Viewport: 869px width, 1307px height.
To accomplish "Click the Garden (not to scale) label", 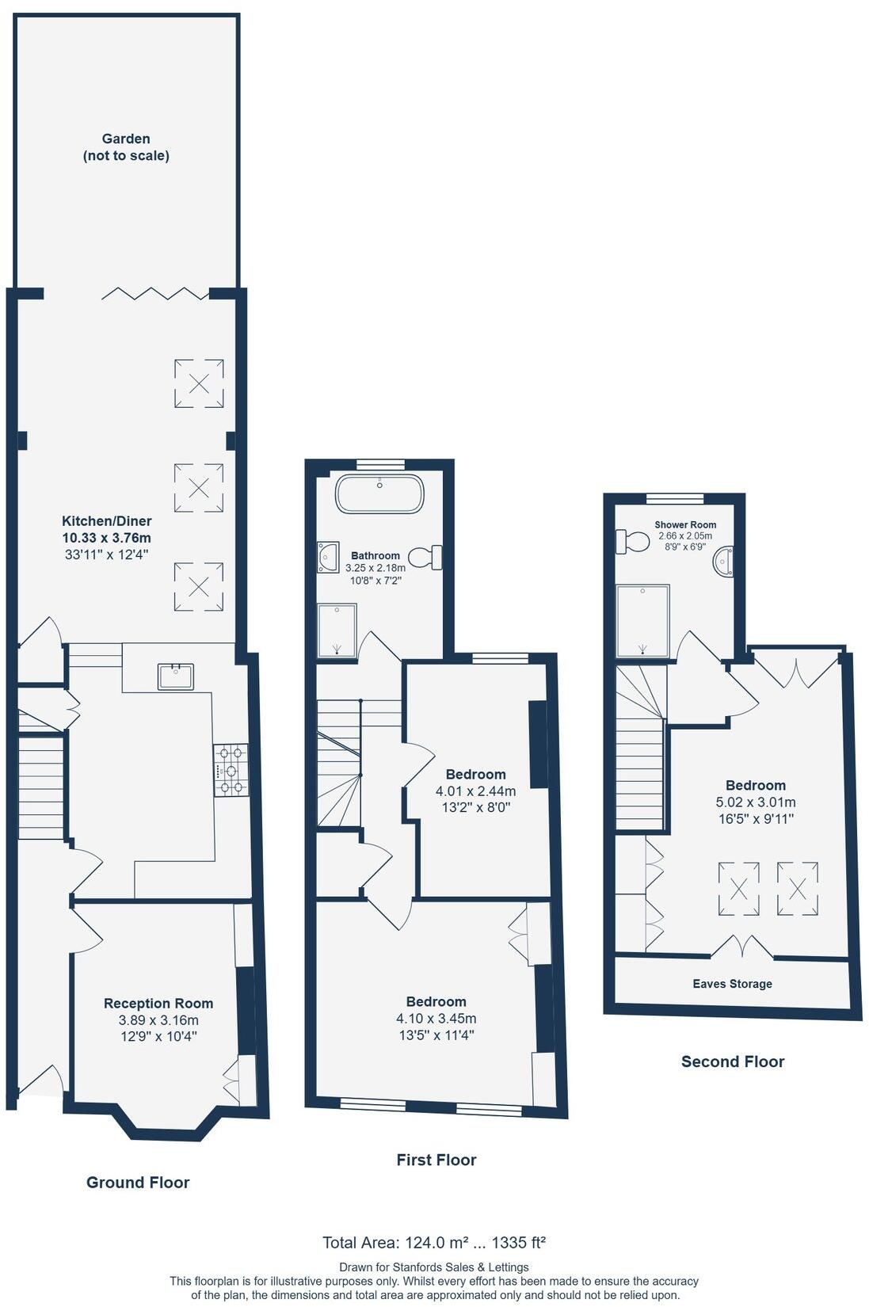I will (x=126, y=147).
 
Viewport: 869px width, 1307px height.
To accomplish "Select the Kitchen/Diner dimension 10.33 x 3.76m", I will (x=107, y=538).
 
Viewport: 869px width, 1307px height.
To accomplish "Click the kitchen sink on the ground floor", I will (x=176, y=676).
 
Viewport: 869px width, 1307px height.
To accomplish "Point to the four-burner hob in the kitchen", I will (x=231, y=769).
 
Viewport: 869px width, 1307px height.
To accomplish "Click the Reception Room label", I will (x=158, y=1003).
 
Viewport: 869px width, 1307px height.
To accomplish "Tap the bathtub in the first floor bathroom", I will (x=379, y=494).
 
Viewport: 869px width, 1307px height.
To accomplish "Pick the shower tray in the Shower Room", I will (x=643, y=621).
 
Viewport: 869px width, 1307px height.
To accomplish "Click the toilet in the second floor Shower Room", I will (x=632, y=542).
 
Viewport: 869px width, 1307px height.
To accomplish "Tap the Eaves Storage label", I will (x=732, y=984).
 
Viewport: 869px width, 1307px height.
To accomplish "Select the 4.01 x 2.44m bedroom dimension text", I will (x=475, y=791).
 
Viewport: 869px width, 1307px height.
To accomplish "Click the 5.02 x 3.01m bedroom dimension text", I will (x=756, y=802).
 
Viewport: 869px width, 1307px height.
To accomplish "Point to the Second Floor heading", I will (x=733, y=1061).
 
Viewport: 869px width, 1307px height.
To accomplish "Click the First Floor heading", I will (x=436, y=1160).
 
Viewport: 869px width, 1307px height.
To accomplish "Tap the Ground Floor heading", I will (x=138, y=1182).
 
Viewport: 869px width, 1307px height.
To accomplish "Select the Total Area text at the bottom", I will (x=434, y=1242).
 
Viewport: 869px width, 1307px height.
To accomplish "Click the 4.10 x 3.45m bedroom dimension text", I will (x=436, y=1018).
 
